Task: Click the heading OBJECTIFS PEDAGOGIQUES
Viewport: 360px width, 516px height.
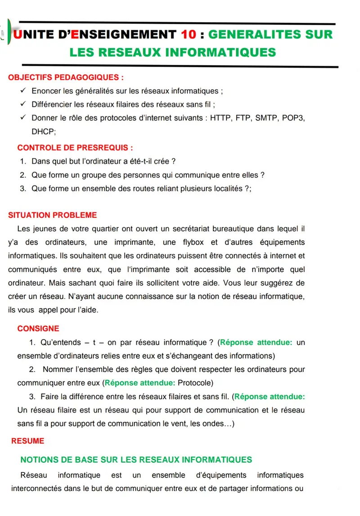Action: pos(66,77)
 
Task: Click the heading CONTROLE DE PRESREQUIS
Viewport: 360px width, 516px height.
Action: pos(75,148)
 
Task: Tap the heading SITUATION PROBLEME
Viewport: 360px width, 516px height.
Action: pos(53,215)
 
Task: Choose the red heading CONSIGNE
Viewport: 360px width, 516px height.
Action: pos(38,329)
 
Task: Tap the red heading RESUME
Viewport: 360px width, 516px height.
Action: pos(28,441)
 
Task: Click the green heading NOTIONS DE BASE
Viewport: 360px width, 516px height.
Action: pos(136,460)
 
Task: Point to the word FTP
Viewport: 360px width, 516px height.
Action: pos(243,118)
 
